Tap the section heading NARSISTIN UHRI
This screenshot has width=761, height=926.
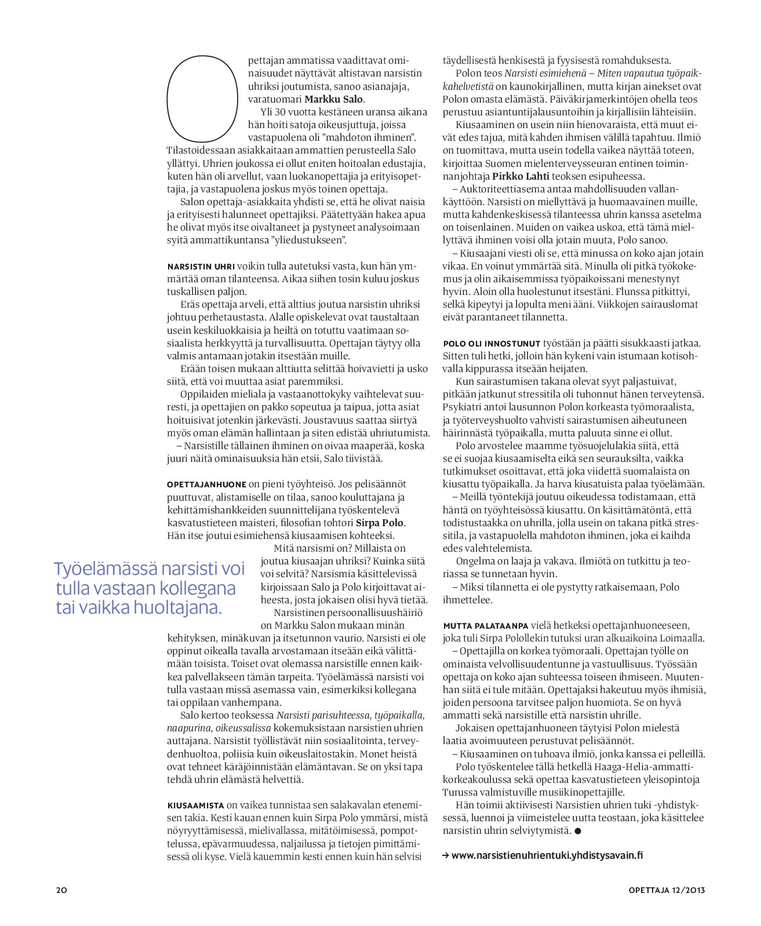point(201,267)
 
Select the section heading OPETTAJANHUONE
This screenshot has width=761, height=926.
point(206,484)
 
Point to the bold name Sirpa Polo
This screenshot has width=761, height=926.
point(380,523)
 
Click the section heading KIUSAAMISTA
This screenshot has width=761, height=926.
point(195,805)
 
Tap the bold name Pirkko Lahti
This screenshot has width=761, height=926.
point(520,176)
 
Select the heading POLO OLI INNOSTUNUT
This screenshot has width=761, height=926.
point(491,344)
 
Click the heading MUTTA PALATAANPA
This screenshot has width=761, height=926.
point(486,626)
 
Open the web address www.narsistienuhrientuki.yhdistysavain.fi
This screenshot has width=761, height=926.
point(547,855)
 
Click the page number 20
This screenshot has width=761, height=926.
point(61,890)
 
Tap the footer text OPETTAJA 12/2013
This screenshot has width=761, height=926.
point(667,890)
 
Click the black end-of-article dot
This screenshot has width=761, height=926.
point(578,831)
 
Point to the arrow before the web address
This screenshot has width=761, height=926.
point(446,855)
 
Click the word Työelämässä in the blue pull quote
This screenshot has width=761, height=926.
point(104,569)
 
